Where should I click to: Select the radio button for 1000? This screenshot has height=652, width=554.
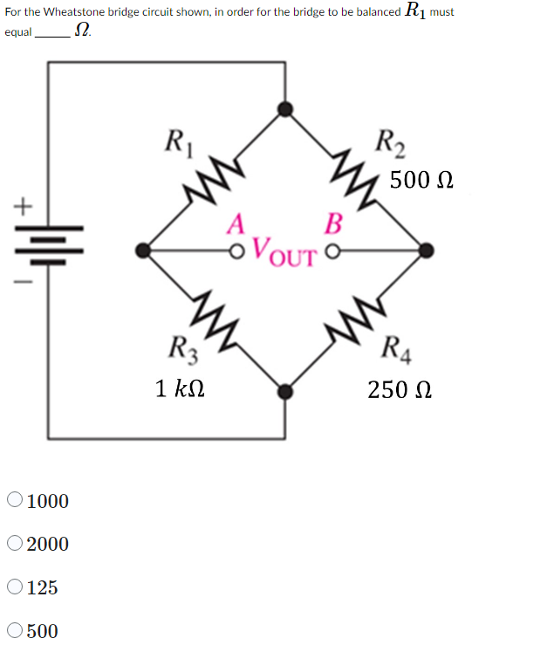coord(15,500)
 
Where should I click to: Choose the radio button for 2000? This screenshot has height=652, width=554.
coord(15,543)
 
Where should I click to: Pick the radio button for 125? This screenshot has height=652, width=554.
coord(15,587)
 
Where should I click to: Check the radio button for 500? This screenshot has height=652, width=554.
coord(15,629)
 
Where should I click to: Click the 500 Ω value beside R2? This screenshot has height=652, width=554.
coord(422,181)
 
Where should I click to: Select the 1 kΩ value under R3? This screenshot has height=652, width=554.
coord(181,388)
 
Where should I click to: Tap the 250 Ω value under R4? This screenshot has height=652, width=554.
coord(400,388)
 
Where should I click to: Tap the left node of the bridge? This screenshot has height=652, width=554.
coord(143,251)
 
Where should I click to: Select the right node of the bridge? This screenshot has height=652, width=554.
coord(426,251)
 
